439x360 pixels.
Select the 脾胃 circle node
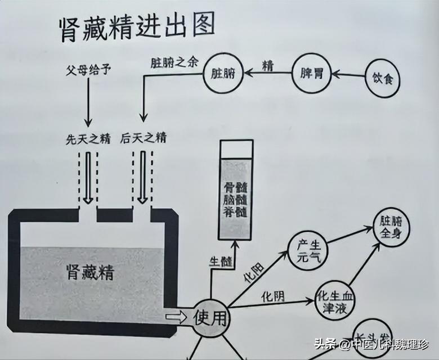312,74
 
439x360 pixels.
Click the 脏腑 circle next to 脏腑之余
223,73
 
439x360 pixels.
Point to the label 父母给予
88,70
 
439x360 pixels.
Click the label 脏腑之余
174,63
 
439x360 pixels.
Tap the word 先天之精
88,139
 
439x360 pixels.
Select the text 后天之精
143,138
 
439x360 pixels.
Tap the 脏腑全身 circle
391,227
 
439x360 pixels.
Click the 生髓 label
221,262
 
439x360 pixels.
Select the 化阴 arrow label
273,296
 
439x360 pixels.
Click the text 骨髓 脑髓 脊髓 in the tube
235,200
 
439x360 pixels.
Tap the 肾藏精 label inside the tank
91,272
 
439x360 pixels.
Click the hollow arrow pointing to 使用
176,317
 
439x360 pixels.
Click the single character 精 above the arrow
267,66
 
